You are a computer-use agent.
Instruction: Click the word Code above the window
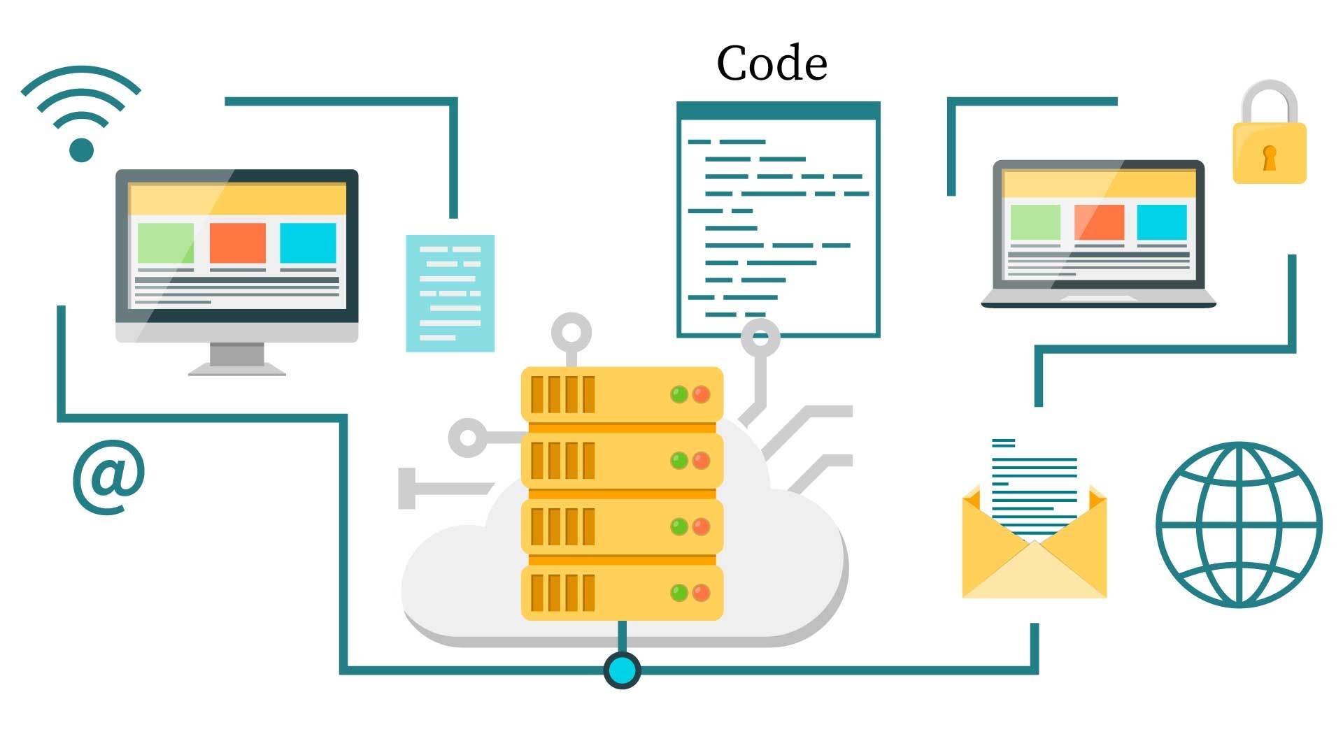point(772,64)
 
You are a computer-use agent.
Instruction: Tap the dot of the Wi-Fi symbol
point(82,150)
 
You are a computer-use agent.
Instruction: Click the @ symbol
point(109,477)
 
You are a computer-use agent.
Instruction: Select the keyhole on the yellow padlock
point(1269,157)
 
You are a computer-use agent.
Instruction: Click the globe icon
point(1239,524)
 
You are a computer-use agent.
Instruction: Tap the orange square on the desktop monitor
point(238,242)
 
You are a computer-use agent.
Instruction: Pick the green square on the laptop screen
point(1035,222)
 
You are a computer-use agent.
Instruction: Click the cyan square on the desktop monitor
point(308,242)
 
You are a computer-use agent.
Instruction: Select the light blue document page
point(450,293)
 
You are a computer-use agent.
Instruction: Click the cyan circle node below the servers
point(622,670)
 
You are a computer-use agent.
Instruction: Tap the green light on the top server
point(678,394)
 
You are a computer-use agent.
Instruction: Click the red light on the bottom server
point(701,593)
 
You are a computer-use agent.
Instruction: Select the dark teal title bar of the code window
point(778,110)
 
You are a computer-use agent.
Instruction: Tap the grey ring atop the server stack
point(571,333)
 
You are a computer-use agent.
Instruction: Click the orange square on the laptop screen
point(1099,222)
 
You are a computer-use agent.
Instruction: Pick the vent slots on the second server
point(562,460)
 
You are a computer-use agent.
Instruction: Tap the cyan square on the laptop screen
point(1162,222)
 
